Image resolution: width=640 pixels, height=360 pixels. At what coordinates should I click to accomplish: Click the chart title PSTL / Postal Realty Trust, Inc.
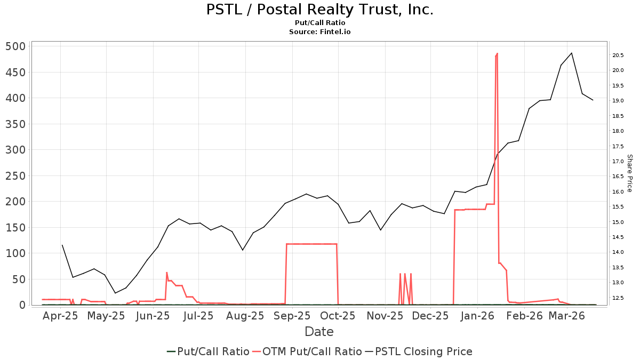tap(319, 10)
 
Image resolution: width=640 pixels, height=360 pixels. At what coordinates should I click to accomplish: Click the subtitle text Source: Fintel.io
tap(319, 32)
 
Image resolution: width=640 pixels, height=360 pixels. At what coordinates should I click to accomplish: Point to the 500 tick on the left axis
tap(15, 46)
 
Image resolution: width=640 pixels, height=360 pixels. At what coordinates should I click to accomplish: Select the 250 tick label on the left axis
tap(15, 176)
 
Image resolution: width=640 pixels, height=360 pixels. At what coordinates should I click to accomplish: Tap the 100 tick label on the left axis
tap(15, 254)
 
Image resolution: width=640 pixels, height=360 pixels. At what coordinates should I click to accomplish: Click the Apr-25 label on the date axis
tap(60, 316)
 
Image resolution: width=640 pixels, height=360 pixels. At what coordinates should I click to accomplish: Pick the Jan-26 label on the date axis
tap(477, 316)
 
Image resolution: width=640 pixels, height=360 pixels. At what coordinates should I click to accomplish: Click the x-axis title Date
tap(319, 332)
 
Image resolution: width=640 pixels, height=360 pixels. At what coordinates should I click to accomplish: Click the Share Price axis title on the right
tap(629, 173)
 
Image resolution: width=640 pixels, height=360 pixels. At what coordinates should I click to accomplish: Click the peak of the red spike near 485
tap(497, 54)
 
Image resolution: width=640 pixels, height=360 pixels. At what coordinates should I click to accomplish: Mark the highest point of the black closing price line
tap(571, 53)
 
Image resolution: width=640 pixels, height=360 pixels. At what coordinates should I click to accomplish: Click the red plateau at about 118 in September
tap(312, 244)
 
